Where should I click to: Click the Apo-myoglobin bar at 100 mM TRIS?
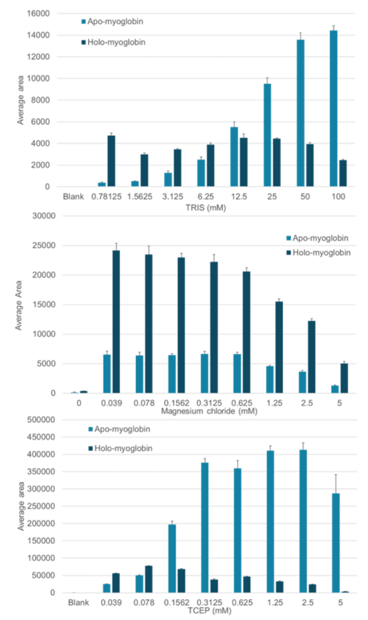click(x=333, y=109)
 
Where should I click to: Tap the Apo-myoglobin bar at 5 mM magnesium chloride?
click(x=334, y=389)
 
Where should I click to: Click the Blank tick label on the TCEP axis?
click(x=79, y=601)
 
